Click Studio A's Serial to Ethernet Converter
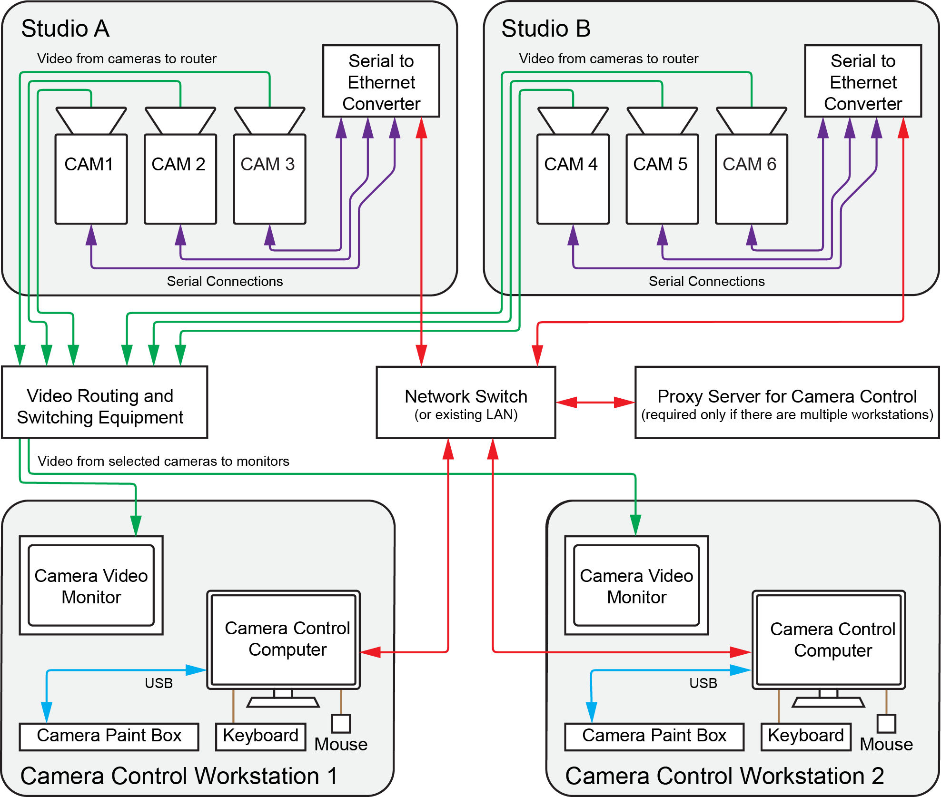381,81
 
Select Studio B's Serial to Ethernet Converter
862,81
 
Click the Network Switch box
466,403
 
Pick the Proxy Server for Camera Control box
787,403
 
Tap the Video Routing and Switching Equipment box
104,403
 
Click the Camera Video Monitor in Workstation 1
91,586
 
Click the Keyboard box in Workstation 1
260,737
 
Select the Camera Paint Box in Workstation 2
654,737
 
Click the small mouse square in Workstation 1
341,724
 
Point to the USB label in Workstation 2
703,683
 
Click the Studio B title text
545,29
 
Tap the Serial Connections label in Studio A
225,281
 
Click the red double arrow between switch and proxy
595,403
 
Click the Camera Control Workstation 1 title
179,776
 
